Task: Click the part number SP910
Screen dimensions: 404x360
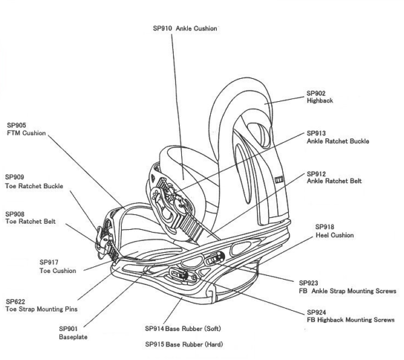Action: (162, 28)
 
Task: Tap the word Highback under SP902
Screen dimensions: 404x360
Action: (320, 100)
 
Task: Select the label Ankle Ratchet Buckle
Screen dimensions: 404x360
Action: (338, 141)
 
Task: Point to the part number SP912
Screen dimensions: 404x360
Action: (316, 174)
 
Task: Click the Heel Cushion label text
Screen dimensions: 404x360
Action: (335, 235)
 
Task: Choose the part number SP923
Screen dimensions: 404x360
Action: (308, 283)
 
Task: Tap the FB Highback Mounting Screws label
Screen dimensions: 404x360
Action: (351, 320)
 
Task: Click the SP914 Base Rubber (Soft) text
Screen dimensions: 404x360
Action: (183, 329)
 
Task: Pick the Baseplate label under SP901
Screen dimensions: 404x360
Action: (73, 337)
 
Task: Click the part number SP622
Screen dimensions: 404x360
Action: (15, 302)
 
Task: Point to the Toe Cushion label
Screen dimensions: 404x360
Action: (58, 271)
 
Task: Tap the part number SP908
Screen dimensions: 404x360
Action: (15, 214)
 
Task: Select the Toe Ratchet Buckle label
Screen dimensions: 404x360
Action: (34, 186)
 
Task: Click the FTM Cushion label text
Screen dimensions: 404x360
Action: (26, 133)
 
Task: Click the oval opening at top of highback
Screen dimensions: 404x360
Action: (259, 135)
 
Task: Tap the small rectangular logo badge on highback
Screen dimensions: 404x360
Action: (279, 179)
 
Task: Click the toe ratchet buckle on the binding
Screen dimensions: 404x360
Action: (102, 241)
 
